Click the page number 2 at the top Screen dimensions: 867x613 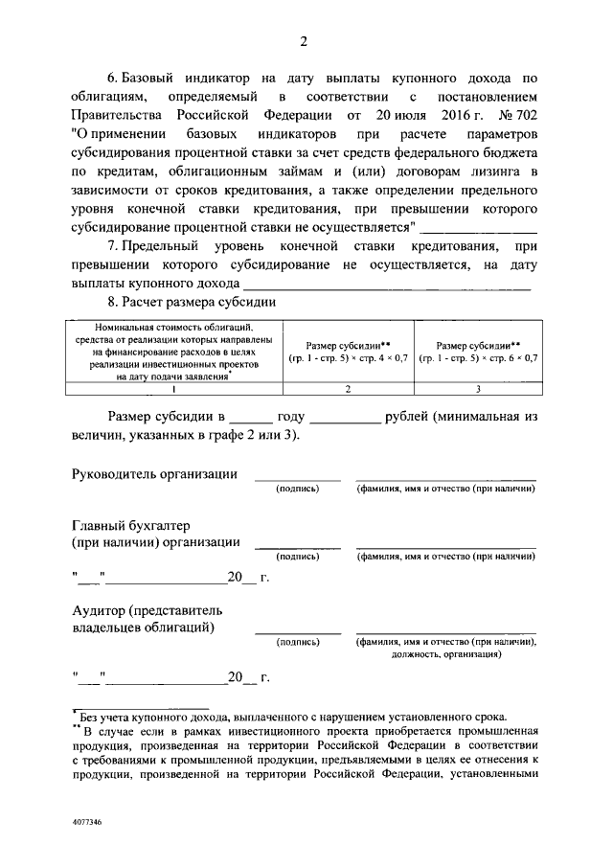(304, 41)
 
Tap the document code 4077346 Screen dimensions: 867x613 (87, 822)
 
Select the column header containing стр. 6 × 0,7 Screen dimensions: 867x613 (477, 351)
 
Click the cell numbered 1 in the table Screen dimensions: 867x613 (173, 388)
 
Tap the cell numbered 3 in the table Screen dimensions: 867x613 (477, 388)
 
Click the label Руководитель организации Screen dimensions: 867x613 (154, 473)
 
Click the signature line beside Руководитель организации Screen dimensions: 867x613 (297, 478)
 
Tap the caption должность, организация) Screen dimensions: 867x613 (445, 655)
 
